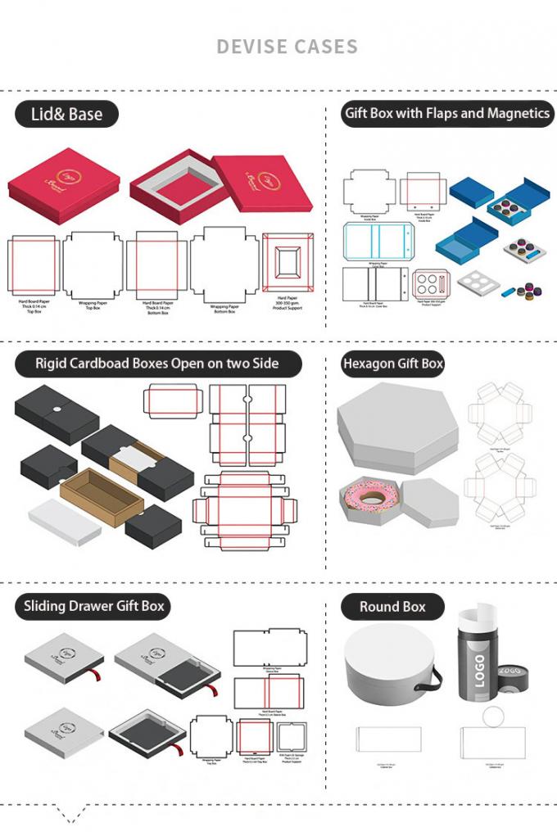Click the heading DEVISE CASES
click(287, 46)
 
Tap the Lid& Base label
click(66, 115)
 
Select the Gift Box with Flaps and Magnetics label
click(446, 113)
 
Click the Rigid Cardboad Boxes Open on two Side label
click(156, 363)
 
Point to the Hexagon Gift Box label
click(392, 363)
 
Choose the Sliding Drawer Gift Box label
click(94, 606)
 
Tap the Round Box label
click(392, 607)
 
